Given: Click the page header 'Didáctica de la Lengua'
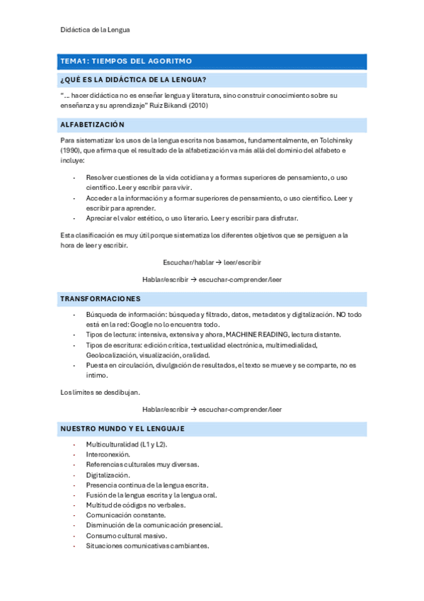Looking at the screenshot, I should click(x=95, y=30).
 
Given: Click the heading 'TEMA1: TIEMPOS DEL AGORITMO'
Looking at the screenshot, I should click(x=126, y=61).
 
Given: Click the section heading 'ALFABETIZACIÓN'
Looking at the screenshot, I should click(x=92, y=125).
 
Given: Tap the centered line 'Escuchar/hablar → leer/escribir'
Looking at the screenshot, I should click(x=212, y=262).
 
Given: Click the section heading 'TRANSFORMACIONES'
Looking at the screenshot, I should click(x=100, y=298).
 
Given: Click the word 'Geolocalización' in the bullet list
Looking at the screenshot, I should click(x=111, y=355).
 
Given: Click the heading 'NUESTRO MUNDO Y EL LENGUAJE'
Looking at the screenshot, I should click(x=122, y=428).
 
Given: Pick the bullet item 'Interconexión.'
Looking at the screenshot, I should click(x=108, y=454).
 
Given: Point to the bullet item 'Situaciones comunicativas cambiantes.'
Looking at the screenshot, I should click(x=147, y=546).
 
